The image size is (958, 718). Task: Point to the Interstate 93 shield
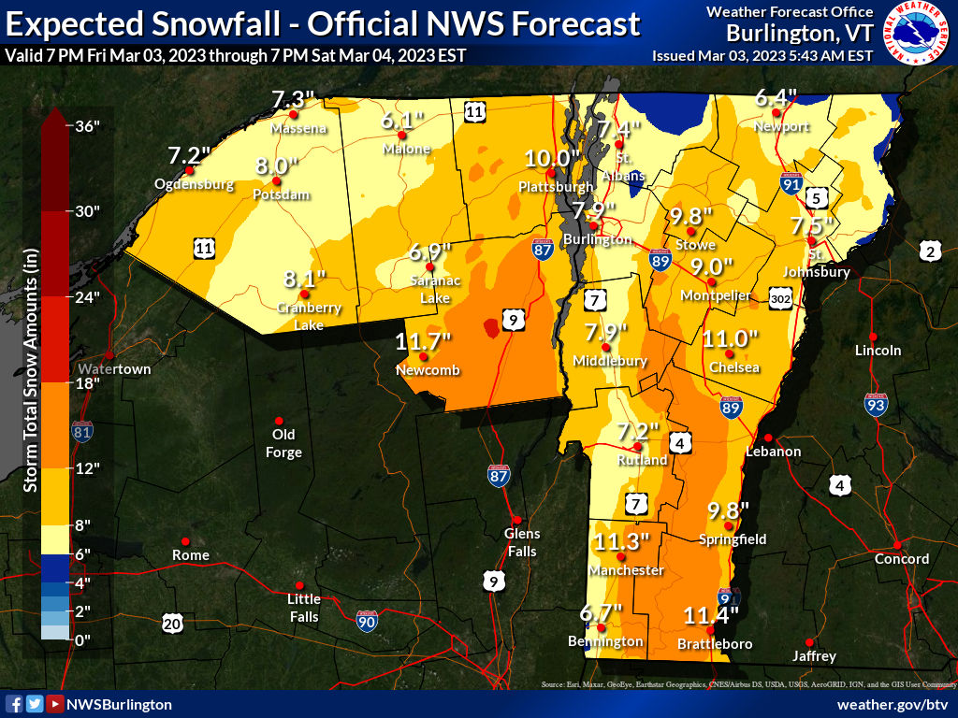tap(875, 405)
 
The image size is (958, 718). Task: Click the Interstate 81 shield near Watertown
tap(82, 431)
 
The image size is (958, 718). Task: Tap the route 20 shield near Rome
tap(171, 623)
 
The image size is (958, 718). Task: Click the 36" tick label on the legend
tap(87, 126)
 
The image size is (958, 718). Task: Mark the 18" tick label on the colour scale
tap(87, 382)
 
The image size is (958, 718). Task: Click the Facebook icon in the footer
tap(14, 704)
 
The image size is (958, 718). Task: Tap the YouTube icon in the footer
tap(55, 704)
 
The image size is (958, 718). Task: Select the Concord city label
tap(901, 559)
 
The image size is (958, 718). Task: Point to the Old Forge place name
tap(283, 443)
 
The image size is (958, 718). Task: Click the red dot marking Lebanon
tap(767, 438)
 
